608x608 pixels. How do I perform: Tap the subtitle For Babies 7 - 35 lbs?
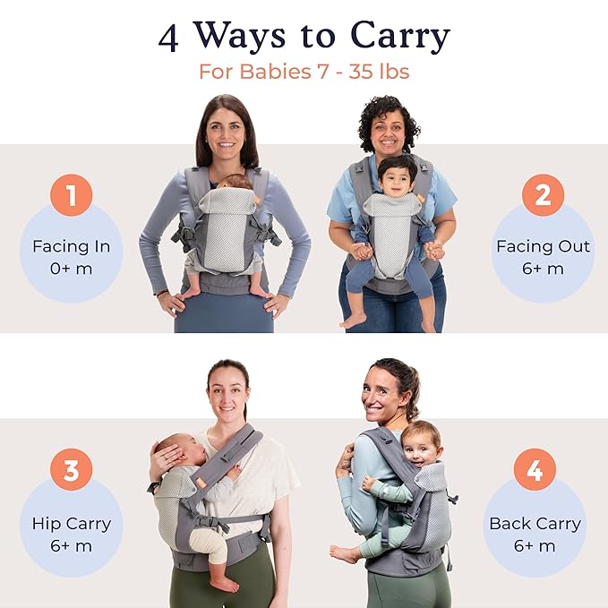click(304, 72)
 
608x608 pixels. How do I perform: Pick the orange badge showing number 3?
click(71, 470)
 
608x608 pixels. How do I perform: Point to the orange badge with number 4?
click(535, 470)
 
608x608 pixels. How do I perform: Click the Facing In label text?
click(71, 245)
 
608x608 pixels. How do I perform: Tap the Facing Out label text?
click(542, 245)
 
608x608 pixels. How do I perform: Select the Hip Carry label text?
click(71, 524)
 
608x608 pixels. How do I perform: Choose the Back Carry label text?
click(535, 524)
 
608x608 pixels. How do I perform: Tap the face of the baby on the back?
click(420, 445)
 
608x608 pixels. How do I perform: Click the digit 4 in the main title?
click(168, 37)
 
